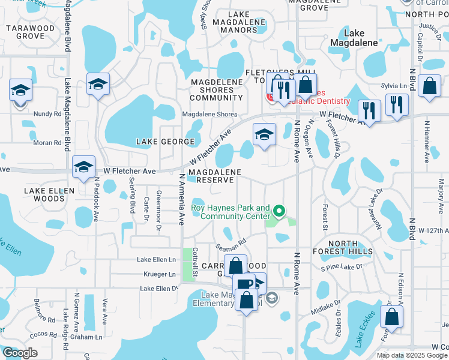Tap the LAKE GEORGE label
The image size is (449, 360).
(x=165, y=142)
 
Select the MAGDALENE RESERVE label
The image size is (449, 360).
(x=214, y=176)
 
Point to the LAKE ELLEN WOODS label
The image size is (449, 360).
(x=49, y=194)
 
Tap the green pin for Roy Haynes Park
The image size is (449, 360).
(x=279, y=211)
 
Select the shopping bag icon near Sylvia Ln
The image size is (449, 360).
(x=430, y=86)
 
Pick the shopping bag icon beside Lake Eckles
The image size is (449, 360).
(x=391, y=317)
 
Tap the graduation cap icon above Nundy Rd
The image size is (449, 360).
(x=20, y=91)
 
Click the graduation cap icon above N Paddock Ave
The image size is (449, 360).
(x=83, y=167)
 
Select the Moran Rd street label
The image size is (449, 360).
(x=49, y=143)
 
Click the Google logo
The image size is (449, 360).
(x=20, y=352)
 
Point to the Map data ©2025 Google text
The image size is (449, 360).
(x=411, y=355)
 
